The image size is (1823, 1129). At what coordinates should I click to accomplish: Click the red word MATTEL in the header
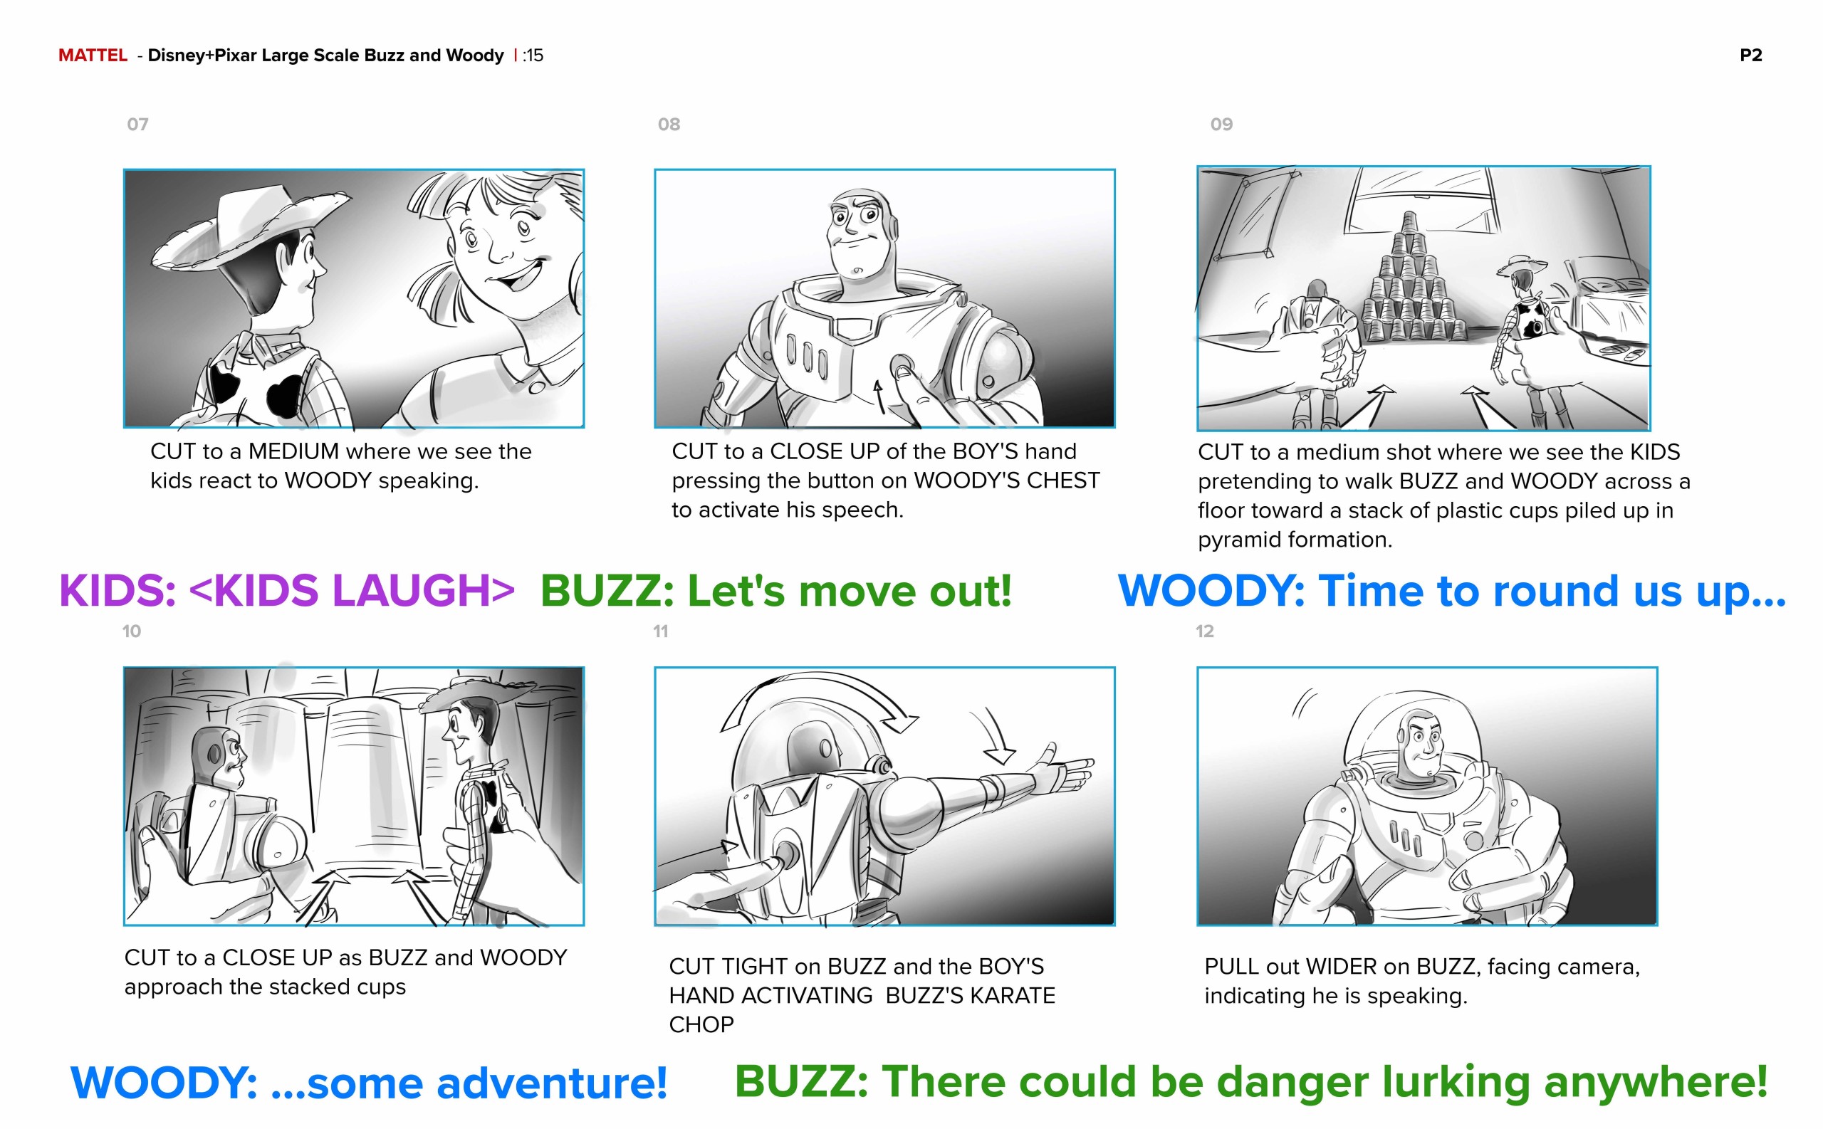[93, 56]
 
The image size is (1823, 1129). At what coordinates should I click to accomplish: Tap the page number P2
[1750, 56]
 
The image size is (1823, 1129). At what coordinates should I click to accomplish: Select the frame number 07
[137, 124]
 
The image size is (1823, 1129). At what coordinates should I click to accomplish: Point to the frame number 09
[1221, 124]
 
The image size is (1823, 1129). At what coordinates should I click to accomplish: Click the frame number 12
[1204, 631]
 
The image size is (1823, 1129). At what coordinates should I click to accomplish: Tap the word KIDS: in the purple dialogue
[117, 591]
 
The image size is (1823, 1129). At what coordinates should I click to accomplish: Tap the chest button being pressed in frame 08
[902, 366]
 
